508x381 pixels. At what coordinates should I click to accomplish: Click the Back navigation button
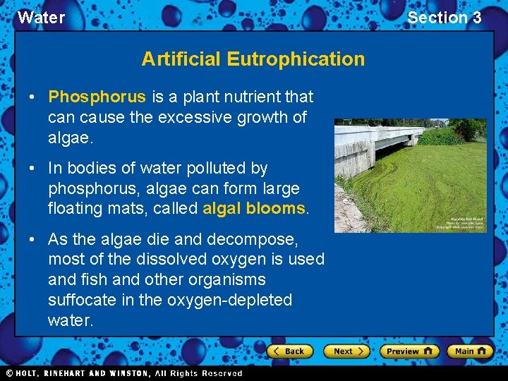click(288, 351)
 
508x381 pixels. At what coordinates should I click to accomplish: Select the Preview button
click(409, 351)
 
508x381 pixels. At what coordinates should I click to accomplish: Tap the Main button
click(469, 351)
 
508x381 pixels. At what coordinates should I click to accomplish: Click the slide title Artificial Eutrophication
click(253, 59)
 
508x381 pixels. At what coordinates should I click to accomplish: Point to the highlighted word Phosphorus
click(97, 97)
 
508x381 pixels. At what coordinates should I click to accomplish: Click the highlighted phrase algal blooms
click(254, 209)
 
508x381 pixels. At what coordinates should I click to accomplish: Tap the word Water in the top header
click(41, 18)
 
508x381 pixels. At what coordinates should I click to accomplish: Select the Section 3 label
click(444, 18)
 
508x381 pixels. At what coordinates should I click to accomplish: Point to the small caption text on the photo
click(459, 223)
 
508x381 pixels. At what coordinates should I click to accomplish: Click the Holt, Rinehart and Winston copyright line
click(124, 373)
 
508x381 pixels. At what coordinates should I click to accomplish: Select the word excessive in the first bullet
click(183, 117)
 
